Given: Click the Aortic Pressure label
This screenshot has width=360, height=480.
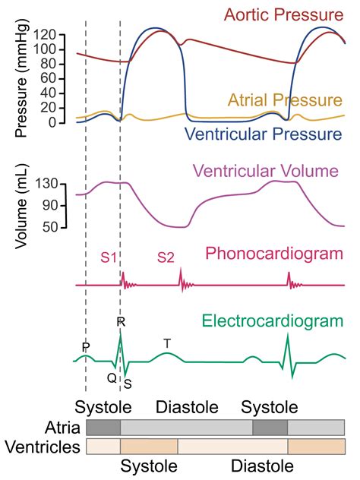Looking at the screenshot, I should (x=288, y=15).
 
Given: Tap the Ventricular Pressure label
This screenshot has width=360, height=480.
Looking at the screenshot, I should (x=274, y=134).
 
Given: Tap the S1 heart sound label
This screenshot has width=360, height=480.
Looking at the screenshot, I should (x=109, y=257).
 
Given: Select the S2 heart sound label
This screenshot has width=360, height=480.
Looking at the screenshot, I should (x=166, y=257).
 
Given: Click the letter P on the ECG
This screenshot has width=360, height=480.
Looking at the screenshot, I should (x=86, y=347).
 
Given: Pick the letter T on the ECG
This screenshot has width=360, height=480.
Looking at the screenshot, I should (x=167, y=343).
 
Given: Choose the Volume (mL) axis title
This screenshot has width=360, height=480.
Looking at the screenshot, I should (x=21, y=204).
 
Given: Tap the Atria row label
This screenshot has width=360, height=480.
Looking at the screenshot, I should (x=61, y=427).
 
